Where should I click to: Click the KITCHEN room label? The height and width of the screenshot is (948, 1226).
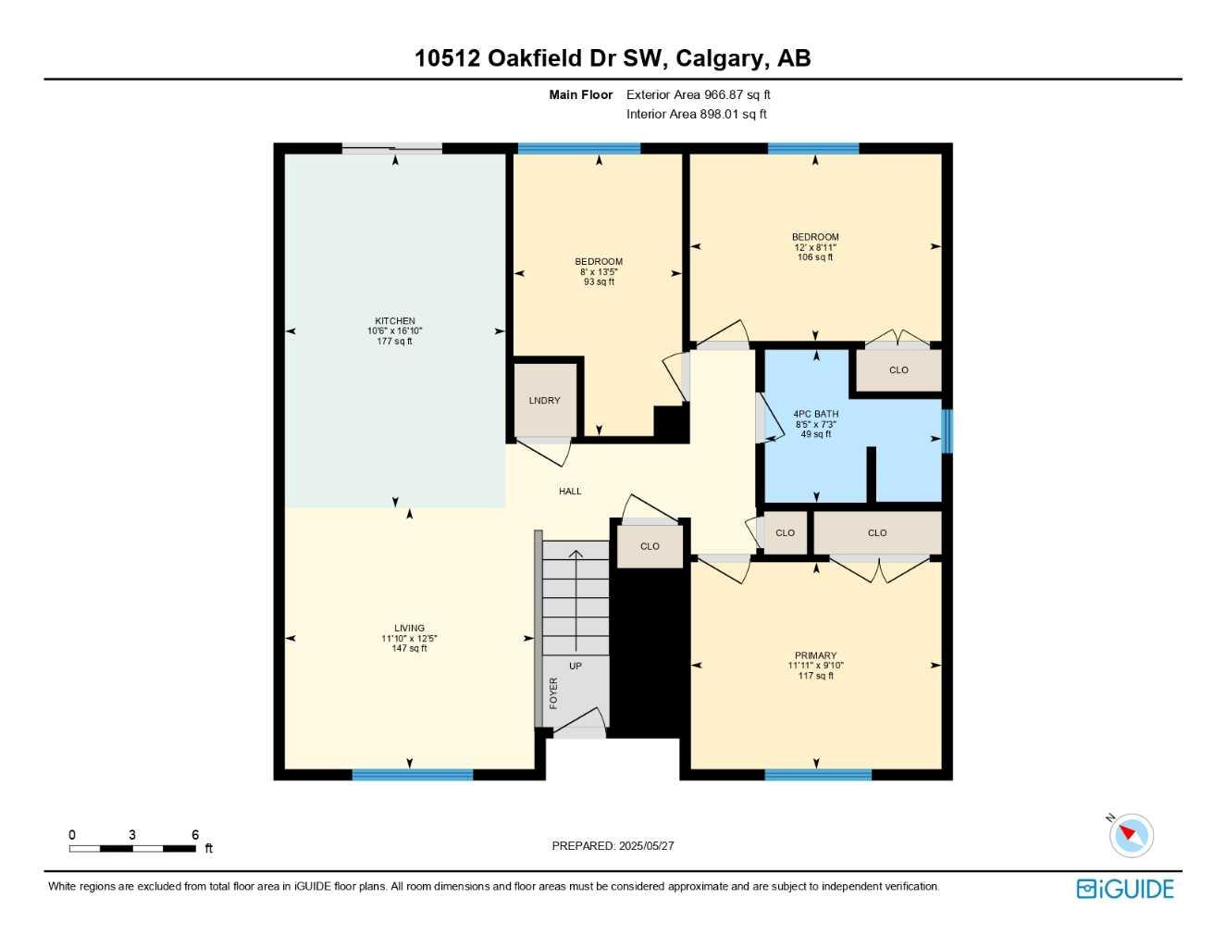395,321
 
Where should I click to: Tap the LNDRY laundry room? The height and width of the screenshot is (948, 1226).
544,401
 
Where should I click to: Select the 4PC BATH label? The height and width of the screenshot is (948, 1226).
815,414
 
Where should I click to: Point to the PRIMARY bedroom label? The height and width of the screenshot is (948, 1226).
815,655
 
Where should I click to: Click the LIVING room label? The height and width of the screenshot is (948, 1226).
409,628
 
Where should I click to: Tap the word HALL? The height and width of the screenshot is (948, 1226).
570,492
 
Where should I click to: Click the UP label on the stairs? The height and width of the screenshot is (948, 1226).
576,666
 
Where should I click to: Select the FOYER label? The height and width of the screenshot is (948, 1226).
553,692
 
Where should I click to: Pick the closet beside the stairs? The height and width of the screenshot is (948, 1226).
650,546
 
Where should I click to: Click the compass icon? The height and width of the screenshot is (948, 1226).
1131,835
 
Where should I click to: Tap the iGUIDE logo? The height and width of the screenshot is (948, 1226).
1125,889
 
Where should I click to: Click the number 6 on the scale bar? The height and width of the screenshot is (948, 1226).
195,835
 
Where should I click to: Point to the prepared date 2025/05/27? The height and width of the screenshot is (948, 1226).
646,845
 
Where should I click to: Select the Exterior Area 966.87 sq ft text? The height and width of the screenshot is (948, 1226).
699,94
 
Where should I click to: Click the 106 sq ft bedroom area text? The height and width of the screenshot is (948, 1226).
815,257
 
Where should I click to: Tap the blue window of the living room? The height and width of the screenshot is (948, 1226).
413,775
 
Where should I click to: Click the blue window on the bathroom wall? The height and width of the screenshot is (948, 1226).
947,431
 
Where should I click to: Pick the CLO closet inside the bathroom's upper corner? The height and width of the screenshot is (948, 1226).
898,370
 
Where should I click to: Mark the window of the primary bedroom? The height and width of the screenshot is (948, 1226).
818,775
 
